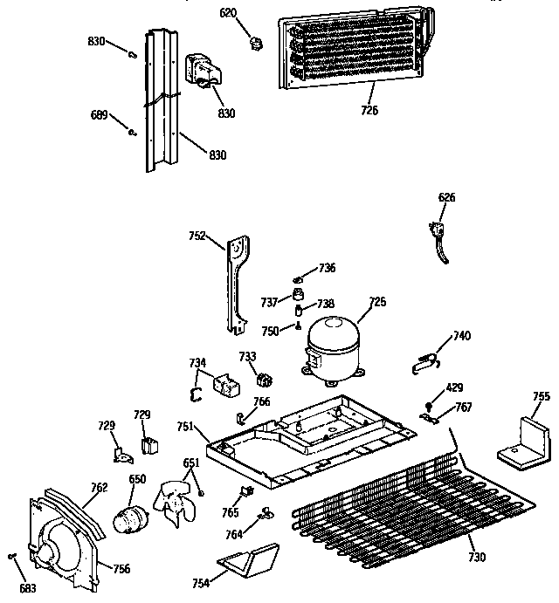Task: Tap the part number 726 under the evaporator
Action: pyautogui.click(x=369, y=110)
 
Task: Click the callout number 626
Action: pyautogui.click(x=446, y=197)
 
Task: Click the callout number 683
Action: pyautogui.click(x=29, y=587)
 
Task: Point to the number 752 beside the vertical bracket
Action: pyautogui.click(x=197, y=236)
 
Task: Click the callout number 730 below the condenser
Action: pyautogui.click(x=476, y=558)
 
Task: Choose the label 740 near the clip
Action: pyautogui.click(x=462, y=336)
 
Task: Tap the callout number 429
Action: pyautogui.click(x=455, y=387)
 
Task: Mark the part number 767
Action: pyautogui.click(x=464, y=407)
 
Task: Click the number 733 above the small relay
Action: pyautogui.click(x=248, y=356)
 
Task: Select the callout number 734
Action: pyautogui.click(x=198, y=362)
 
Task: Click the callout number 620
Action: pyautogui.click(x=227, y=14)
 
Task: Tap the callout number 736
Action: pyautogui.click(x=327, y=268)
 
